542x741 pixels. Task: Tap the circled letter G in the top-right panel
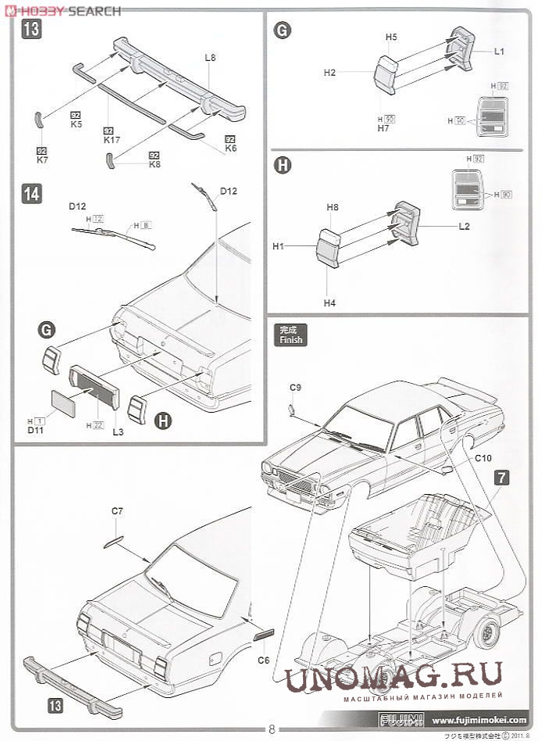[x=282, y=30]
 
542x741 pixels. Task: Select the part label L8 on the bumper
[x=210, y=57]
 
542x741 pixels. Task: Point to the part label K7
[x=42, y=159]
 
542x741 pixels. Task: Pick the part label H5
[x=391, y=37]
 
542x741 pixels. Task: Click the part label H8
[x=333, y=207]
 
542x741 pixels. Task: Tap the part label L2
[x=464, y=226]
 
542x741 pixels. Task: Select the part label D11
[x=36, y=429]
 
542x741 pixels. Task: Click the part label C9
[x=295, y=387]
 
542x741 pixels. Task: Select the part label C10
[x=483, y=458]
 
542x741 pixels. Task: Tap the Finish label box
[x=291, y=335]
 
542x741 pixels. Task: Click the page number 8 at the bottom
[x=271, y=730]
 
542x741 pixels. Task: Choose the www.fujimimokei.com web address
[x=480, y=720]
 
